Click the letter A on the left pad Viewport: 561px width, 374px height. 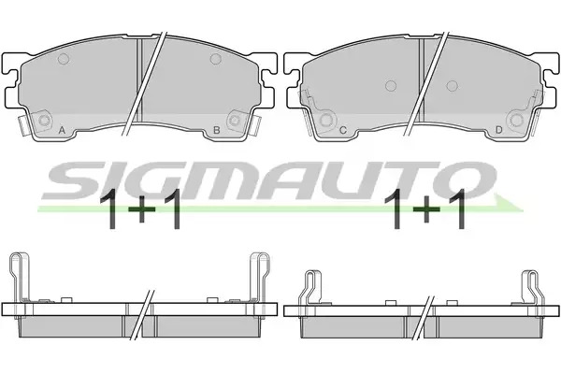(62, 130)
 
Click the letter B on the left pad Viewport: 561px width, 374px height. (216, 130)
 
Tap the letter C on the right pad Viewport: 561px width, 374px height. (343, 130)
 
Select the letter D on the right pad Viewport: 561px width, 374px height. (498, 130)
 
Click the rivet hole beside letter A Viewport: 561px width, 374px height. (44, 121)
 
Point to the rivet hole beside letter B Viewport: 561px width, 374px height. (235, 121)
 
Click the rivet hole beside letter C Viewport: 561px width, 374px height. (326, 120)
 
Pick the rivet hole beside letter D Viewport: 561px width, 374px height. (517, 120)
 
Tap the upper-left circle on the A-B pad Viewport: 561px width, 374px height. (64, 59)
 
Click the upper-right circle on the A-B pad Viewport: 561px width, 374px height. (216, 59)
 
